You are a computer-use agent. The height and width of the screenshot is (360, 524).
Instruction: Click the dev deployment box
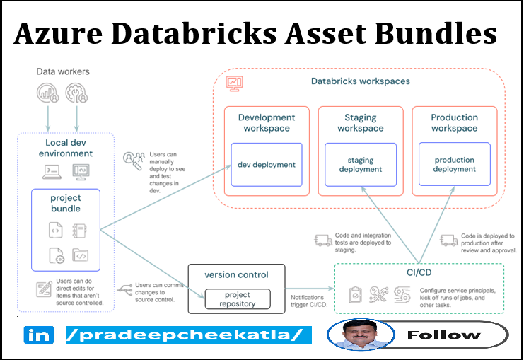(x=266, y=165)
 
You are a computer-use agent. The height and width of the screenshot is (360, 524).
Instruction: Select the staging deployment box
(x=360, y=165)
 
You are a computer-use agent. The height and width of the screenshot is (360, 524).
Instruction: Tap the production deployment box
(x=454, y=165)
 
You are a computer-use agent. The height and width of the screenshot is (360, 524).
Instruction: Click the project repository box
(x=237, y=299)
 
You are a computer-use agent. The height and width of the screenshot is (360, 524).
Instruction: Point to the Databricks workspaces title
(x=360, y=81)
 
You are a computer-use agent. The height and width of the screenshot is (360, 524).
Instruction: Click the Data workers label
(x=63, y=71)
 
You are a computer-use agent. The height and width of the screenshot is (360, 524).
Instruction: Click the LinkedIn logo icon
(x=39, y=335)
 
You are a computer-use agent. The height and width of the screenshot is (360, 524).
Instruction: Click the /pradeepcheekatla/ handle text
(x=188, y=335)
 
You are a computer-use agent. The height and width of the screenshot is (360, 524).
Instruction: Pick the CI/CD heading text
(x=419, y=272)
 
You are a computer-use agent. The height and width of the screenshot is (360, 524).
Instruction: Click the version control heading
(x=236, y=274)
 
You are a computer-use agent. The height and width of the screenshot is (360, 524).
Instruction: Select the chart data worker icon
(x=47, y=93)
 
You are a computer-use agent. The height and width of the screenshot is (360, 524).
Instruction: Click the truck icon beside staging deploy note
(x=323, y=241)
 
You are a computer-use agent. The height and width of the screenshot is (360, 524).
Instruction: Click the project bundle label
(x=65, y=203)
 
